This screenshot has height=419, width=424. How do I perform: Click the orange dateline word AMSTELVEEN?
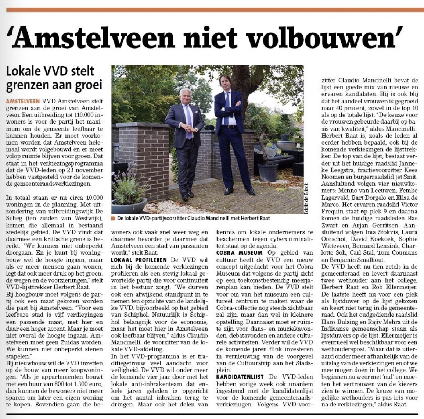[23, 101]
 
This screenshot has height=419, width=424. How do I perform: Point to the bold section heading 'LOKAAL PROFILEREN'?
[139, 260]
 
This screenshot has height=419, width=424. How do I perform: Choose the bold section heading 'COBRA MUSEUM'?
[239, 253]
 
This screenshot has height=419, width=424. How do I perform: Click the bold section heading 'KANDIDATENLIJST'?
[240, 377]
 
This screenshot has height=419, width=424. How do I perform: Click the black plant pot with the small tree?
[268, 172]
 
